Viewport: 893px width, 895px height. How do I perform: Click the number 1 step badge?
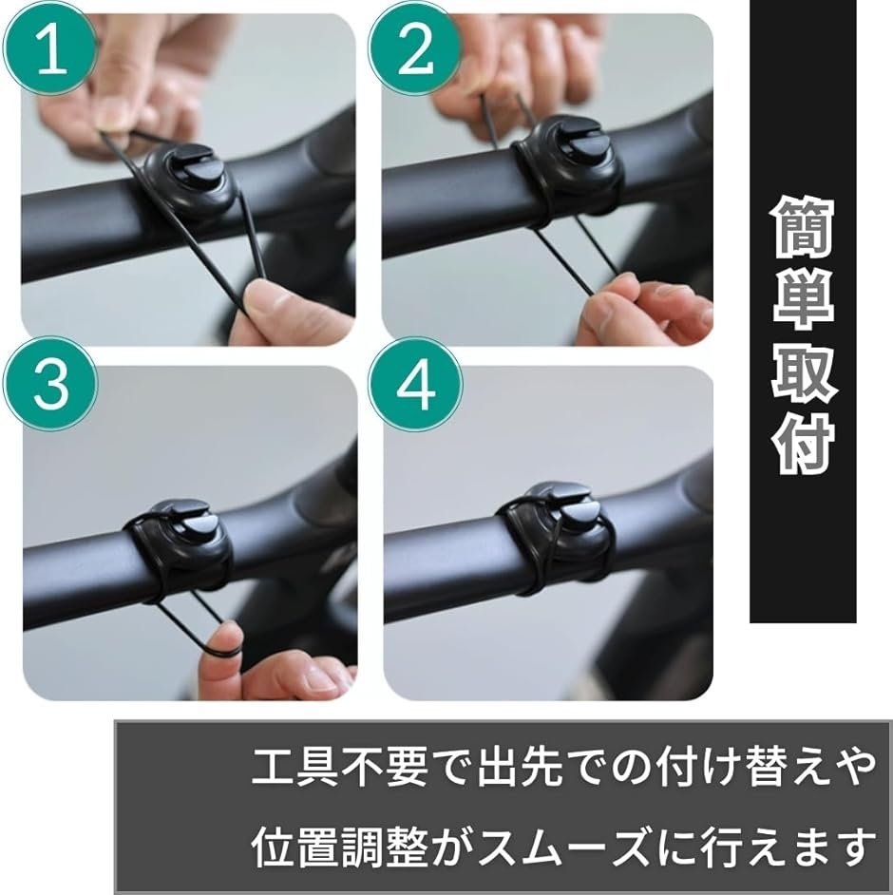coord(50,50)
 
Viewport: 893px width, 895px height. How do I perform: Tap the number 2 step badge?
coord(415,50)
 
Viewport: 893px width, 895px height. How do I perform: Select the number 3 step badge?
coord(50,384)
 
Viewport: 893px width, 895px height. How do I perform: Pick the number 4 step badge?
coord(415,384)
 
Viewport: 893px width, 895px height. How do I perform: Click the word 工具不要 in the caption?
coord(339,767)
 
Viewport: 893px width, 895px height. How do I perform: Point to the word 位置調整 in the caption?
coord(339,845)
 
